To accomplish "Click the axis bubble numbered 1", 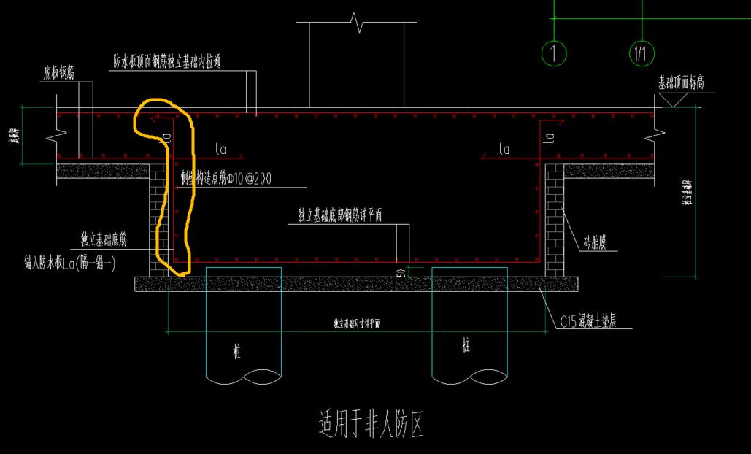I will click(x=555, y=53).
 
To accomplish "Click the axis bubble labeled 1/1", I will click(x=642, y=53).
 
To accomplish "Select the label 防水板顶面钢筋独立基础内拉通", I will click(x=166, y=62).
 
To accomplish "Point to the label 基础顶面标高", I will click(x=681, y=82).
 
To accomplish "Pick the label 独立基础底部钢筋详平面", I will click(x=340, y=215).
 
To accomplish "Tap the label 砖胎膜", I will click(x=596, y=242).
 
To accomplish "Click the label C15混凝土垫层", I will click(x=588, y=321).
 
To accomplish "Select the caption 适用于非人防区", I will click(x=371, y=423).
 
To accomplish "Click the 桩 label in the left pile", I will click(x=236, y=353).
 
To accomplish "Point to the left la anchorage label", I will click(x=221, y=150).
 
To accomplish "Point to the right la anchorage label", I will click(x=504, y=150).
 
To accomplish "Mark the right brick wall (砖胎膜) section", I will click(x=555, y=219).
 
